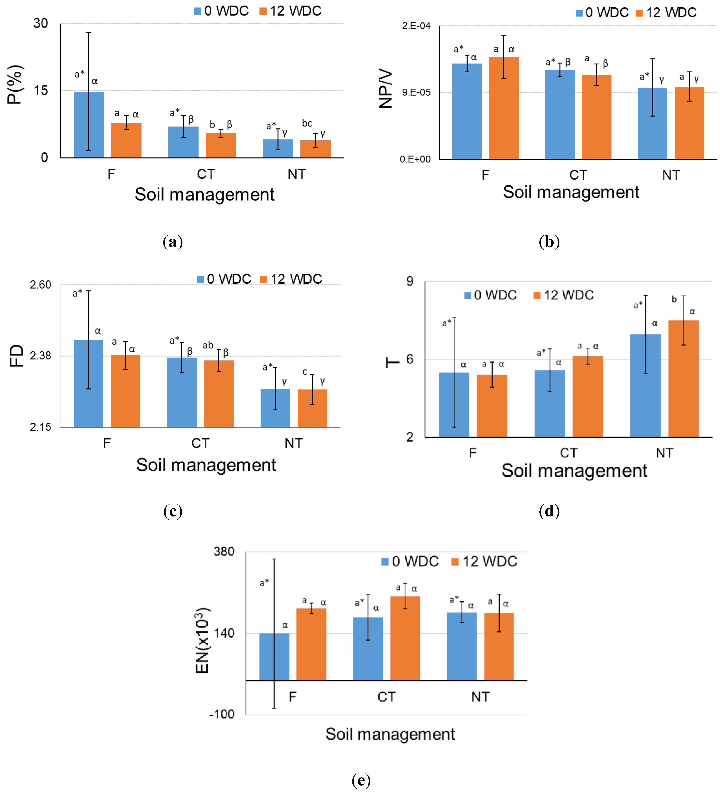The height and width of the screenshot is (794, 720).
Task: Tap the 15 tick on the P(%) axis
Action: point(41,90)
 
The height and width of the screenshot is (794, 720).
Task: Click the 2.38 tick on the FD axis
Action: point(41,356)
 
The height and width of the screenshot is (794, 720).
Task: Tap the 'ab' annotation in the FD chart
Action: point(208,345)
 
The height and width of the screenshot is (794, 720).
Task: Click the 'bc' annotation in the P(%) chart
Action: point(307,123)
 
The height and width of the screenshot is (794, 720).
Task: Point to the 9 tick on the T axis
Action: point(410,281)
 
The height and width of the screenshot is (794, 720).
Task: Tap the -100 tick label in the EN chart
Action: point(222,714)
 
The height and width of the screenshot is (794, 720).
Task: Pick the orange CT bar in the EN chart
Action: point(405,638)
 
